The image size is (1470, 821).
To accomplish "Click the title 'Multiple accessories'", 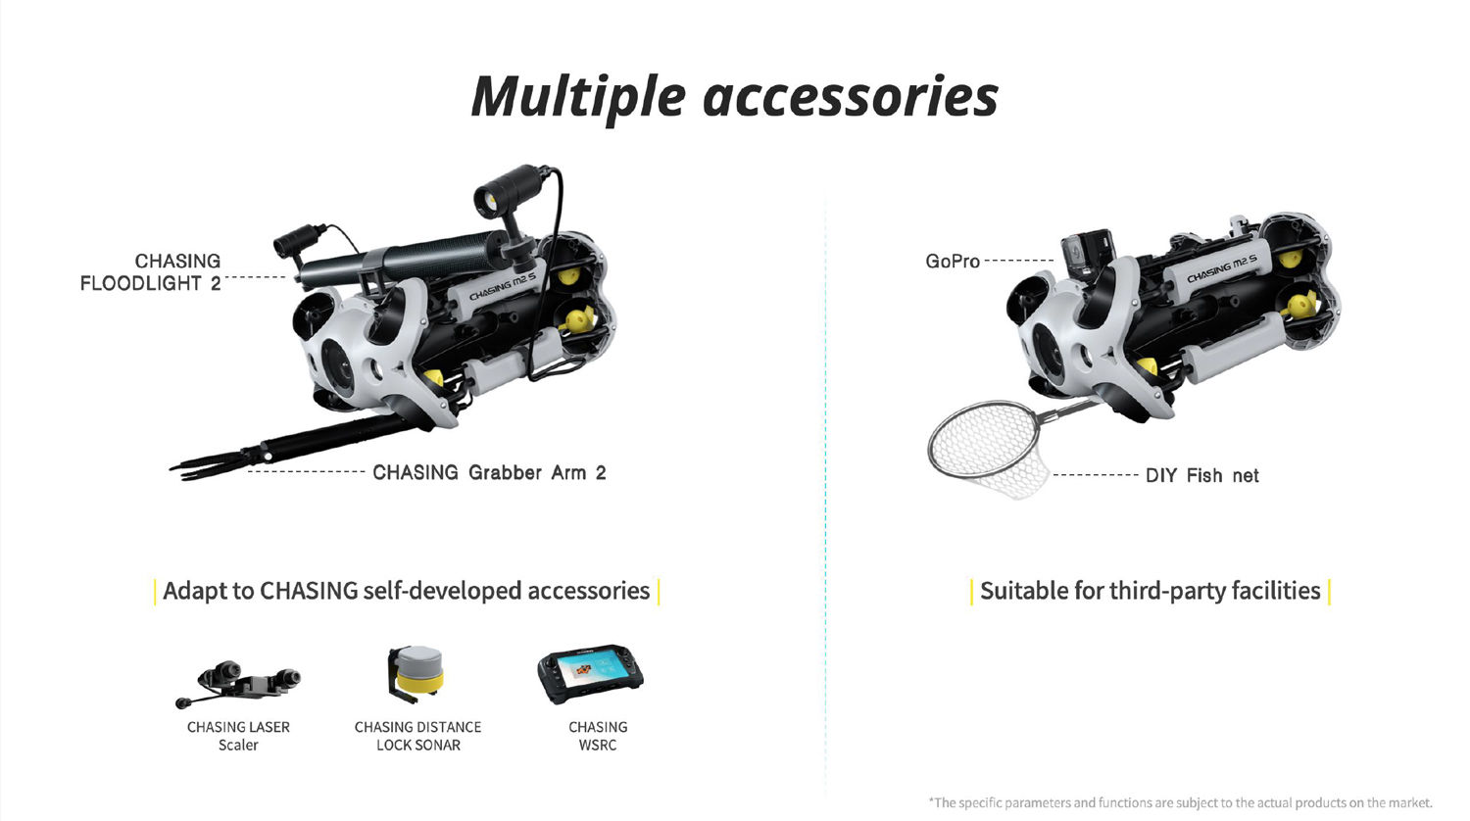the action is click(x=734, y=97).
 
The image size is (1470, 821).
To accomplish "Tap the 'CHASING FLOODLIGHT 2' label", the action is click(x=150, y=272).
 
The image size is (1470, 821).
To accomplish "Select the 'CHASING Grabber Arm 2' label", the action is click(x=489, y=472).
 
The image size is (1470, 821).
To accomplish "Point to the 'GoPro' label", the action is click(x=953, y=262).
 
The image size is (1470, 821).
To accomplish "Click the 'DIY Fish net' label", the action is click(x=1201, y=475).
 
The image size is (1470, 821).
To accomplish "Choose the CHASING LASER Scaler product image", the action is click(x=239, y=684).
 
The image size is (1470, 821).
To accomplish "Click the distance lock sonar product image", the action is click(x=416, y=674).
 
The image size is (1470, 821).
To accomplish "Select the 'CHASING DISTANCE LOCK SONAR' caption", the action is click(x=418, y=736).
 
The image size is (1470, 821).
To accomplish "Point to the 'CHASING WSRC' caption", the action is click(x=598, y=736).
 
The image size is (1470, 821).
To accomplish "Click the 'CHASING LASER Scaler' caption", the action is click(x=238, y=736).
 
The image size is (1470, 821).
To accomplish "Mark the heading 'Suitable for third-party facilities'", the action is click(x=1150, y=591).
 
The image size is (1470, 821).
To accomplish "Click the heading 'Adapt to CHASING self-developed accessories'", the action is click(x=407, y=591).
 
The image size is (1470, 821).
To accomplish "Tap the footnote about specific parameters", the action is click(x=1180, y=802).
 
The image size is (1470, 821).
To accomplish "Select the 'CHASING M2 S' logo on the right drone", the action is click(x=1222, y=268).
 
